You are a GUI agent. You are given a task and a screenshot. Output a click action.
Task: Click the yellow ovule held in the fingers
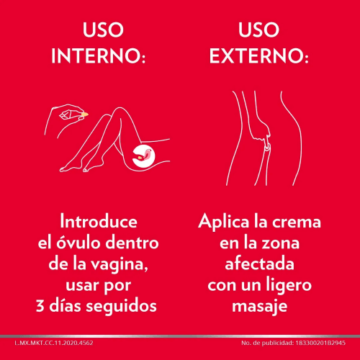click(x=84, y=114)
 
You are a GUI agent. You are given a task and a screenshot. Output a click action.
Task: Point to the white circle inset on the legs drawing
click(x=143, y=153)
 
